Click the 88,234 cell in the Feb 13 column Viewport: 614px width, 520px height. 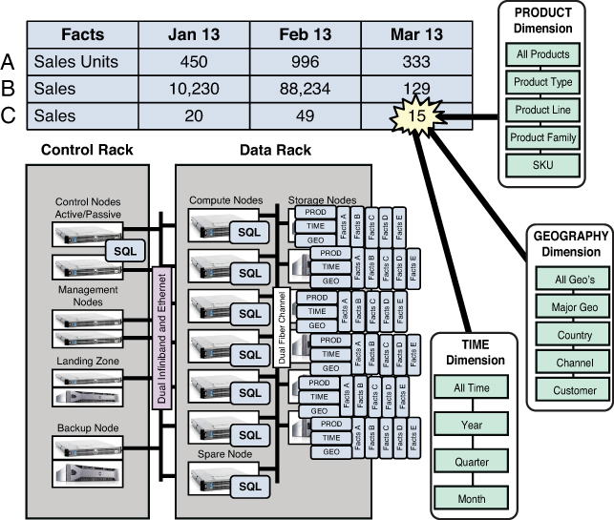point(306,88)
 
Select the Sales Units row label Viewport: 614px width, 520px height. point(75,62)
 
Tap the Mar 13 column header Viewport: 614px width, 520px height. point(416,34)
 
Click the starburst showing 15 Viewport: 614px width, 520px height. point(415,115)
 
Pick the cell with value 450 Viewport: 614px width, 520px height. point(194,62)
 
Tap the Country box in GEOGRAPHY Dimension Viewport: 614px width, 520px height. point(568,336)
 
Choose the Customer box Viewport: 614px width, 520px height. point(568,390)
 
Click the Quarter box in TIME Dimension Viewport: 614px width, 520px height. point(472,462)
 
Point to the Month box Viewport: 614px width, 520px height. point(472,498)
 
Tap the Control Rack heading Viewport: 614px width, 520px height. point(88,151)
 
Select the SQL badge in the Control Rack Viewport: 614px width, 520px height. point(123,248)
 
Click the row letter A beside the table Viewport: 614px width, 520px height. point(9,62)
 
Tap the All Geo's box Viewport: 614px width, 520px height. point(568,281)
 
